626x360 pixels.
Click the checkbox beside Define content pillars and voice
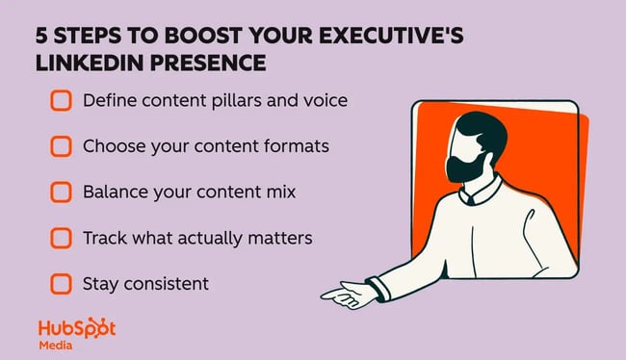coord(61,99)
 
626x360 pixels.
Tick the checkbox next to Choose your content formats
coord(61,145)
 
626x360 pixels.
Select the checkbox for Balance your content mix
coord(61,192)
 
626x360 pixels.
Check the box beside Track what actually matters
coord(61,238)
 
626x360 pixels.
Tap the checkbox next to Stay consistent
coord(61,284)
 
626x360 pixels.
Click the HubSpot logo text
coord(77,328)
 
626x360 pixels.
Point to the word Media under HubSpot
coord(55,345)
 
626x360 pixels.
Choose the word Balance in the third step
coord(115,192)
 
